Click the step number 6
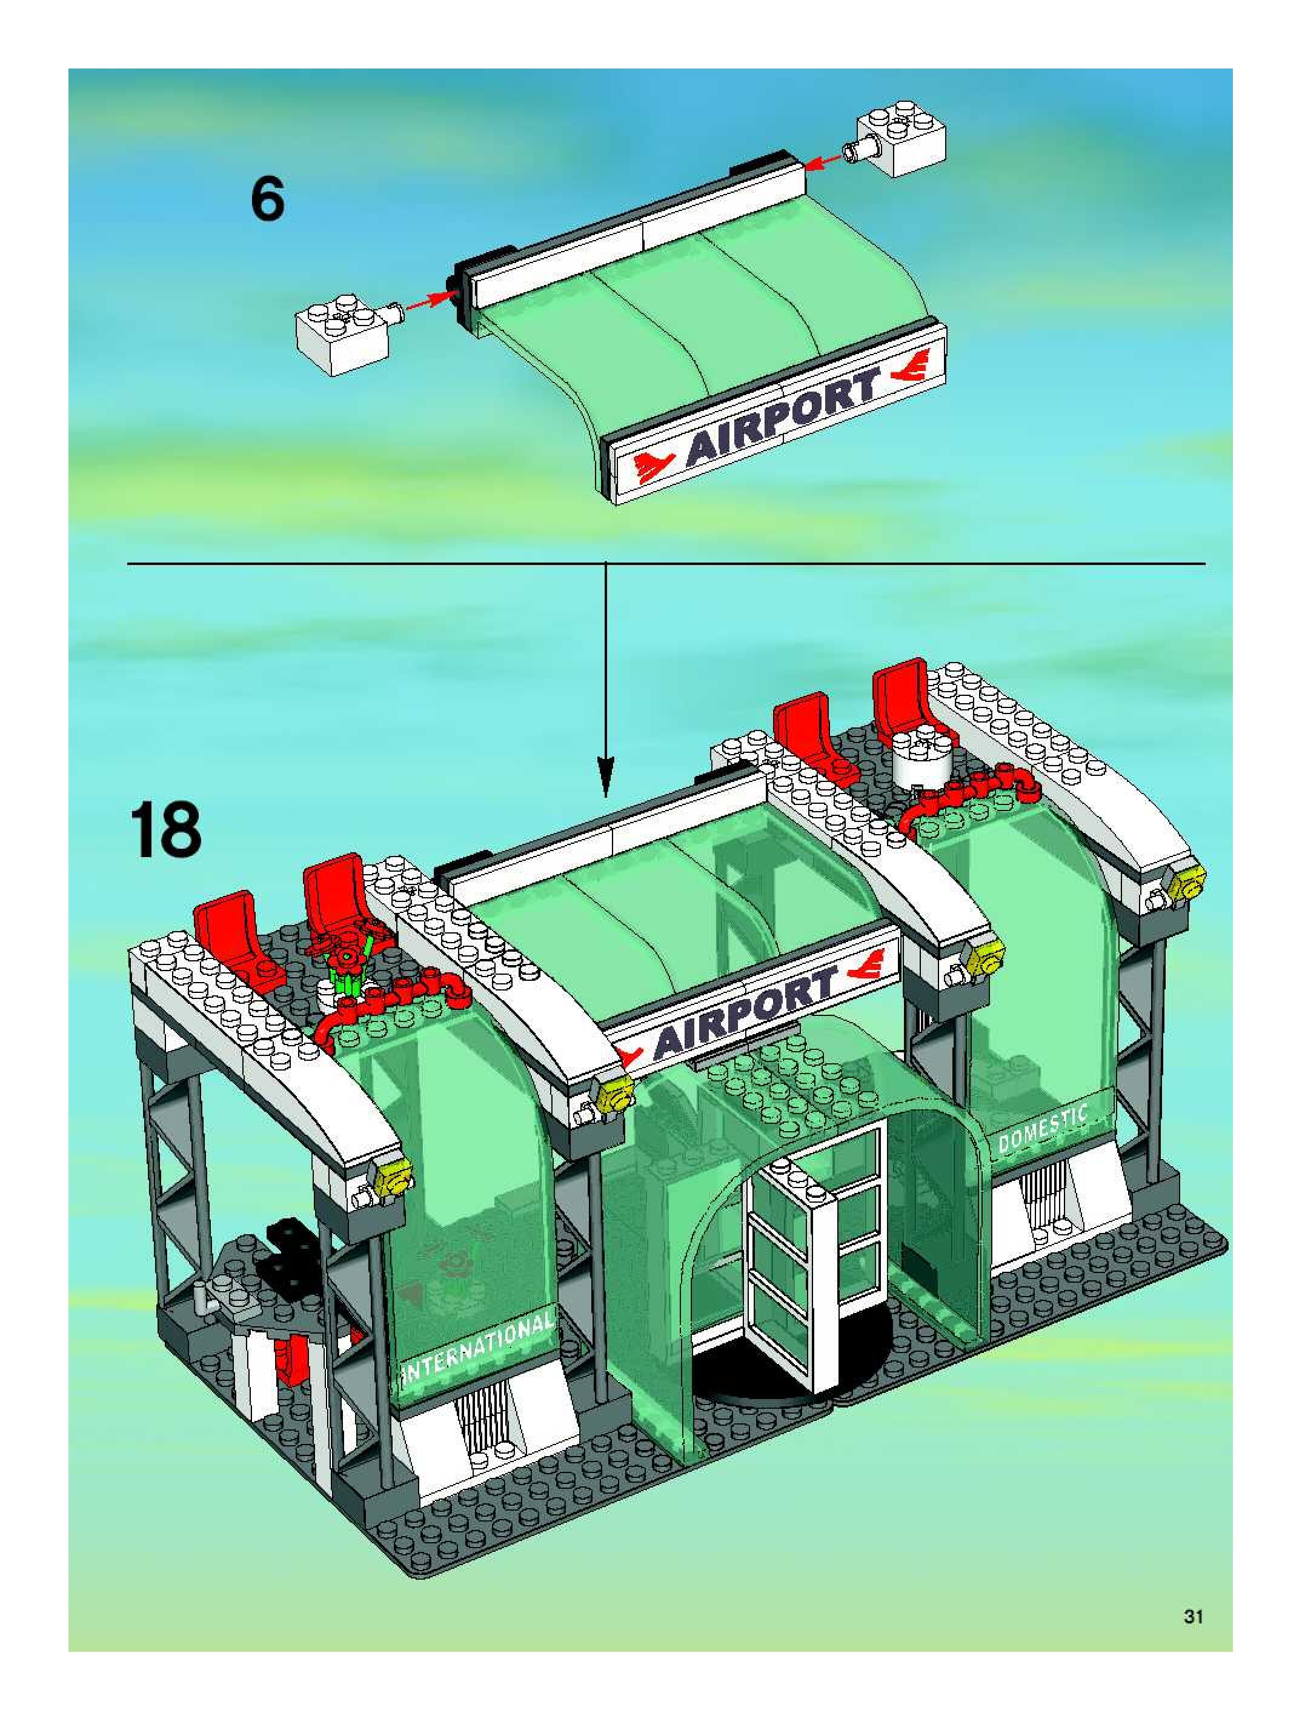[x=267, y=199]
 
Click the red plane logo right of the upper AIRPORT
[x=909, y=365]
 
